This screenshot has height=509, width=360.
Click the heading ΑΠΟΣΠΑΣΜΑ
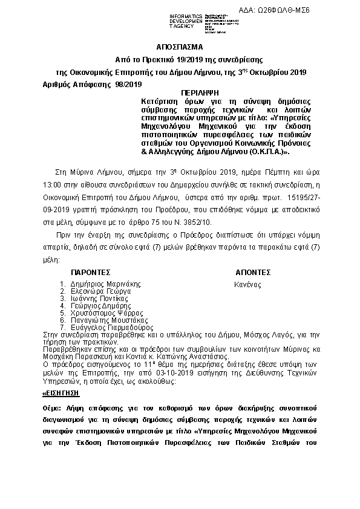[x=180, y=47]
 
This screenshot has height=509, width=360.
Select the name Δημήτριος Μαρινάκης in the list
[x=105, y=284]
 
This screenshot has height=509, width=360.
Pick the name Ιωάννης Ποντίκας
[x=99, y=298]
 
